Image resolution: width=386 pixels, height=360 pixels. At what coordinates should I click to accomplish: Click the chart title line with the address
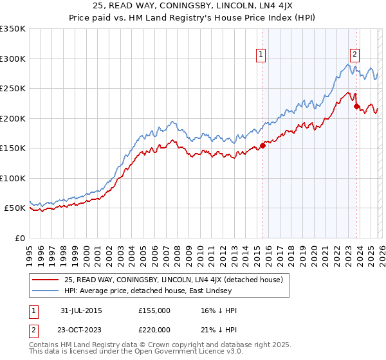point(193,6)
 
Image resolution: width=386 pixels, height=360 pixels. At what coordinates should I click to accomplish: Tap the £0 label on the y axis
point(19,238)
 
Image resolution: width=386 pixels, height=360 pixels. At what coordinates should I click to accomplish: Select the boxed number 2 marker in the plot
point(354,55)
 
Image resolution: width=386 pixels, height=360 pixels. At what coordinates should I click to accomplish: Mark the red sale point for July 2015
point(262,145)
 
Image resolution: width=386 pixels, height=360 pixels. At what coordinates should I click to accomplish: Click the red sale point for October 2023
point(356,107)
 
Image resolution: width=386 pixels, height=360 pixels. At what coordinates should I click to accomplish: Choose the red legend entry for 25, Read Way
point(177,280)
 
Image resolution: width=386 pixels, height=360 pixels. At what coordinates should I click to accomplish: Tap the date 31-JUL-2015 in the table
point(80,310)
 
